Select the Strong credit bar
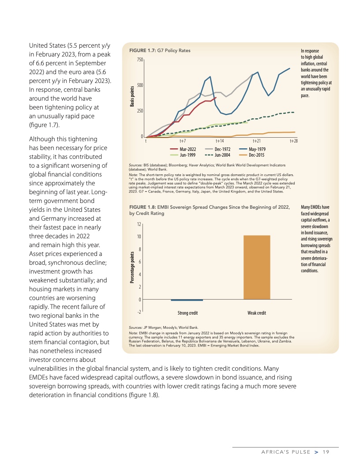[187, 300]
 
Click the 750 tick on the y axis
[140, 60]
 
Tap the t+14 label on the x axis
[219, 141]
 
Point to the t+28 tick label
[293, 141]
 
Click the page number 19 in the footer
[326, 451]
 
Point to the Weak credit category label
[256, 313]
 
